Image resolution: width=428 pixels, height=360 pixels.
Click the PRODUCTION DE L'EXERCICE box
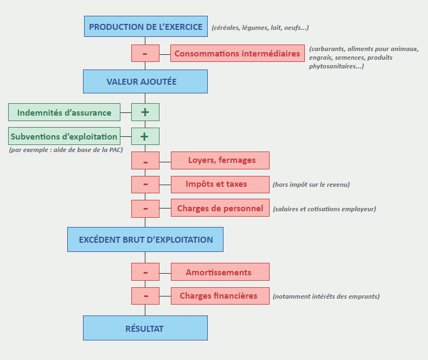click(145, 27)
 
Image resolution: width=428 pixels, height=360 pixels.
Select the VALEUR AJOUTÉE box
click(145, 81)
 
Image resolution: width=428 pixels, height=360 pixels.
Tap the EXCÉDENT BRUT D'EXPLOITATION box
click(145, 239)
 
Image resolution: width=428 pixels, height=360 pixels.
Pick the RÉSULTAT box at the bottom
click(145, 328)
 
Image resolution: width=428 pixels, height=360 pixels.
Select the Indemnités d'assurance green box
click(64, 112)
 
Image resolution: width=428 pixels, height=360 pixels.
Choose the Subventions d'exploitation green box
click(64, 136)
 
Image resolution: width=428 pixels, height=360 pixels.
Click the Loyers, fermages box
click(220, 160)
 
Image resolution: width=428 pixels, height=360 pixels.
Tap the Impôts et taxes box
click(220, 184)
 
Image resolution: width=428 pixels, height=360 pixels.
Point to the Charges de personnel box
click(220, 208)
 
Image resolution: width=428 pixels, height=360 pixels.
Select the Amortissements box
click(220, 272)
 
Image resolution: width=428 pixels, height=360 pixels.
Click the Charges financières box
click(220, 296)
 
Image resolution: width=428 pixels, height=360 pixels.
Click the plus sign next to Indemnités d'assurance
click(145, 112)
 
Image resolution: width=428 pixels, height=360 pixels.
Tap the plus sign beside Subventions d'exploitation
click(145, 136)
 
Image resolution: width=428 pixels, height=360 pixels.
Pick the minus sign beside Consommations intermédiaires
click(145, 53)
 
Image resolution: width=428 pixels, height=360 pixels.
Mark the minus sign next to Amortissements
click(145, 272)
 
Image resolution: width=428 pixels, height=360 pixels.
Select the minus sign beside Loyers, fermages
click(145, 160)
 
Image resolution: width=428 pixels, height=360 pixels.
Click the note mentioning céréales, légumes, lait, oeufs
click(260, 28)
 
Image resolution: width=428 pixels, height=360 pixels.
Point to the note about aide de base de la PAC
click(66, 149)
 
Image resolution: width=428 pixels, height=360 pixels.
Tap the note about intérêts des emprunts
click(326, 296)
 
